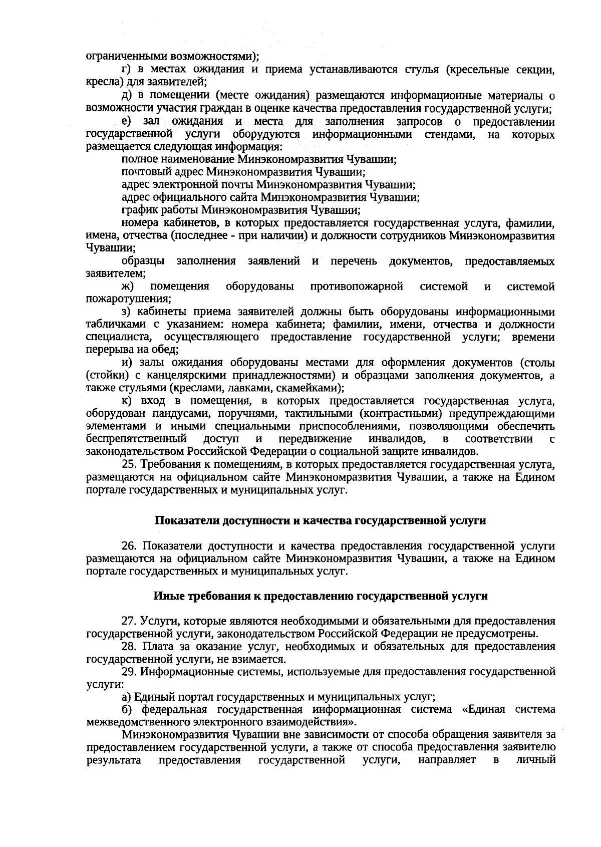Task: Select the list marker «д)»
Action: (127, 96)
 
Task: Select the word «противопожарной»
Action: (357, 287)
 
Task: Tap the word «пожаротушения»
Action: (128, 299)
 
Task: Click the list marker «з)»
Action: (127, 312)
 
